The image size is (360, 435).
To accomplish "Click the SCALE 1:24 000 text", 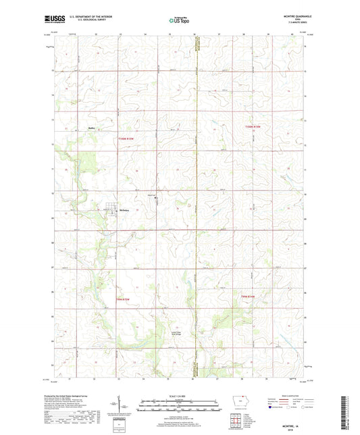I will (x=179, y=395).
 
